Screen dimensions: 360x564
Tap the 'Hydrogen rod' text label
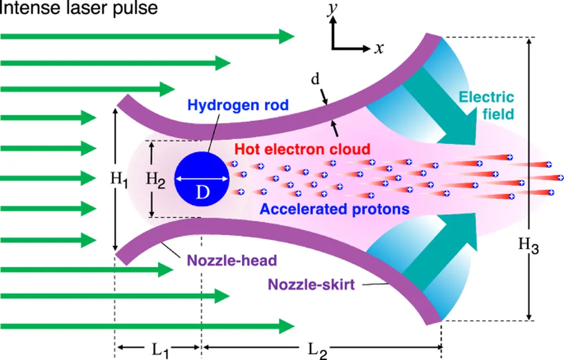[238, 105]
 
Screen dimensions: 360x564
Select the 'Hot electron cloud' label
[301, 149]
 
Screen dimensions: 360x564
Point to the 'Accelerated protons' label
[335, 209]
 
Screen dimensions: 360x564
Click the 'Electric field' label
[487, 106]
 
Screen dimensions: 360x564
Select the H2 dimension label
[155, 178]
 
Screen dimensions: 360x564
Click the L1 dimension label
[161, 348]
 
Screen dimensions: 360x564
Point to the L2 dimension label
[317, 349]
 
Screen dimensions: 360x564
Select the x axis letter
[379, 48]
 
